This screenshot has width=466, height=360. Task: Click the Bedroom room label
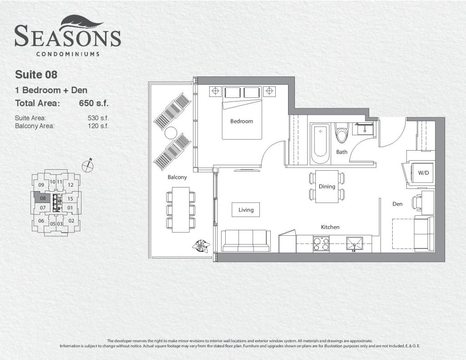(242, 121)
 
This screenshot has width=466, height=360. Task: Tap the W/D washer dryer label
(423, 172)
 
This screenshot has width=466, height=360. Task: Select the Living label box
(246, 209)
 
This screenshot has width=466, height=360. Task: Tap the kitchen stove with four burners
(321, 244)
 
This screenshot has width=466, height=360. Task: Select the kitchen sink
(354, 244)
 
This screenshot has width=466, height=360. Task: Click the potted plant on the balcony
(201, 246)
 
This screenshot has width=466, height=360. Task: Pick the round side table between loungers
(171, 133)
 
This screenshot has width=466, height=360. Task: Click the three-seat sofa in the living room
(246, 241)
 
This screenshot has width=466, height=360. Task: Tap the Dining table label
(327, 187)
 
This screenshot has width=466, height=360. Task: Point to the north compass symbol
(88, 165)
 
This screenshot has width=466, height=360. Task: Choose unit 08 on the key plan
(43, 198)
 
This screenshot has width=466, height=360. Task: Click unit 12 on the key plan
(71, 185)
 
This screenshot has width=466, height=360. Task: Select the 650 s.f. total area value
(94, 103)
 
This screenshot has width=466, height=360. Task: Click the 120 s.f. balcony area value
(98, 126)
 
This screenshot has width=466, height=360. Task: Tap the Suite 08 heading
(36, 75)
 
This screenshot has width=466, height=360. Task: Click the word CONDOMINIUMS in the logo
(68, 54)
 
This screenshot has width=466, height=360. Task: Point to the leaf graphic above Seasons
(82, 24)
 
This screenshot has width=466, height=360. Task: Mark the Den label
(397, 204)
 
